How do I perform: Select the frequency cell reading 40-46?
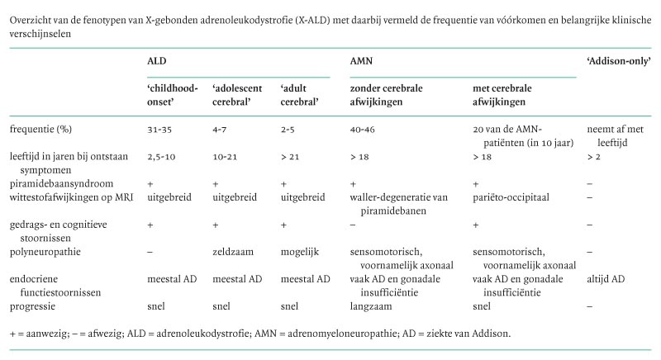(364, 130)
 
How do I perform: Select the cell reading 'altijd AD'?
(605, 278)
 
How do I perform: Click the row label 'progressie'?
(36, 306)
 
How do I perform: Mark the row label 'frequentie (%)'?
(43, 130)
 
